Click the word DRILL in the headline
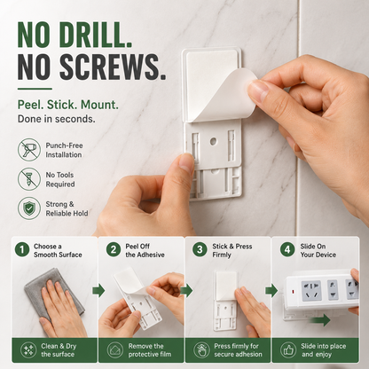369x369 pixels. click(x=96, y=35)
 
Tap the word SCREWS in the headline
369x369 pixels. click(x=113, y=67)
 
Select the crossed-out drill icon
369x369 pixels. click(x=29, y=150)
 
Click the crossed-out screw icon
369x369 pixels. click(x=29, y=179)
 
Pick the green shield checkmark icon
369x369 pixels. click(x=29, y=208)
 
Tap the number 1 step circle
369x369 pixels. click(x=22, y=249)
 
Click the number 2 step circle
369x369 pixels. click(x=114, y=249)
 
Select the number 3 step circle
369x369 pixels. click(x=200, y=249)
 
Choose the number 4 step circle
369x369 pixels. click(x=287, y=249)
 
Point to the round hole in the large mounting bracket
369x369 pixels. click(x=213, y=141)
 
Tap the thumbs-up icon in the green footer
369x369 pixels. click(x=288, y=350)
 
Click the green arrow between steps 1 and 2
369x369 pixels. click(x=98, y=290)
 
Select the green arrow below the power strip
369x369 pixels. click(x=320, y=320)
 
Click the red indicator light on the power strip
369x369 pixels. click(x=294, y=292)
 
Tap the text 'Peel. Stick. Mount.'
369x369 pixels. click(x=68, y=105)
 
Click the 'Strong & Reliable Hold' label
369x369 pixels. click(x=67, y=208)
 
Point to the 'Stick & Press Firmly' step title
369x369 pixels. click(x=232, y=250)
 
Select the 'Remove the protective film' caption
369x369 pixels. click(x=150, y=350)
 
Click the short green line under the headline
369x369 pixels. click(x=35, y=89)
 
